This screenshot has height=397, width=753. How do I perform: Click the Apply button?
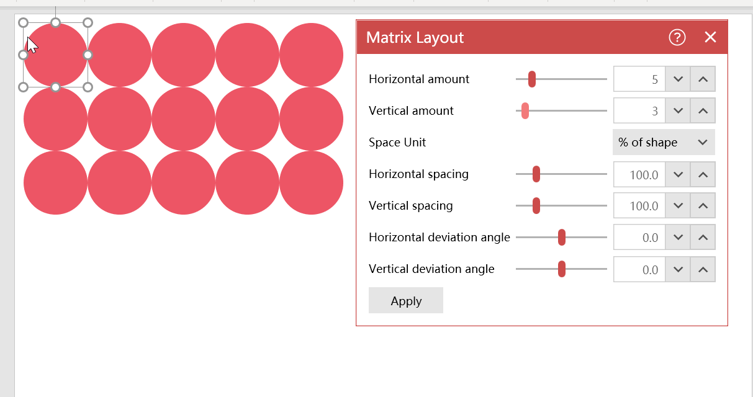tap(406, 300)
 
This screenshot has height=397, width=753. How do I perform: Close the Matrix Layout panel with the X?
tap(710, 37)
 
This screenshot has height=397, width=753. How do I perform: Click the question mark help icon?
tap(677, 37)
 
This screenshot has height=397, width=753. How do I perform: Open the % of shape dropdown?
tap(664, 142)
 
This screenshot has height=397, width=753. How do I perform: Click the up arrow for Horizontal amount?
tap(703, 79)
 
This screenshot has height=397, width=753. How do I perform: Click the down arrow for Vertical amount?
tap(678, 111)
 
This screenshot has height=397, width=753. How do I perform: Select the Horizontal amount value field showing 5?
tap(639, 79)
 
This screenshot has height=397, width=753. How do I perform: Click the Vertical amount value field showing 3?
tap(639, 111)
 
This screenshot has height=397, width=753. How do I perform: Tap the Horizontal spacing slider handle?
tap(536, 174)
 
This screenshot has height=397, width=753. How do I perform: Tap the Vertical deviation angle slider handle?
tap(561, 269)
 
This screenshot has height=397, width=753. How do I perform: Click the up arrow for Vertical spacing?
tap(703, 205)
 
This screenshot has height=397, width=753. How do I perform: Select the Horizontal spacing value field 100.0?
tap(639, 174)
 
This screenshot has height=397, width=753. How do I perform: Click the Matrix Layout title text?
tap(415, 37)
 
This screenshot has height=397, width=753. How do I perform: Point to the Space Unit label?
tap(397, 142)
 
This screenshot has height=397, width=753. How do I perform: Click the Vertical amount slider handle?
tap(525, 111)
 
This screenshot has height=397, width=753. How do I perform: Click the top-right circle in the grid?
tap(311, 55)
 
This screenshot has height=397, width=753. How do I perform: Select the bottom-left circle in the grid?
tap(55, 183)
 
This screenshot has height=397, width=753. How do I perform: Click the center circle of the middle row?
tap(184, 118)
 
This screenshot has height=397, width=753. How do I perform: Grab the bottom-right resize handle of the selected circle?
tap(88, 87)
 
